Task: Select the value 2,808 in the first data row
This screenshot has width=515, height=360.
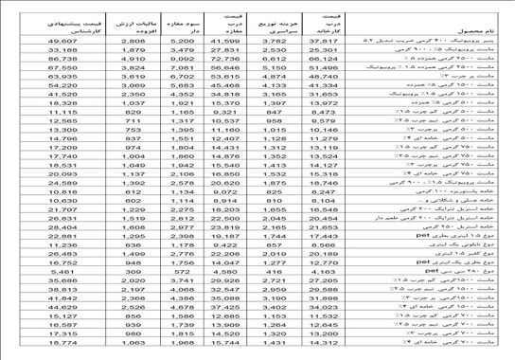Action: [x=132, y=43]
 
